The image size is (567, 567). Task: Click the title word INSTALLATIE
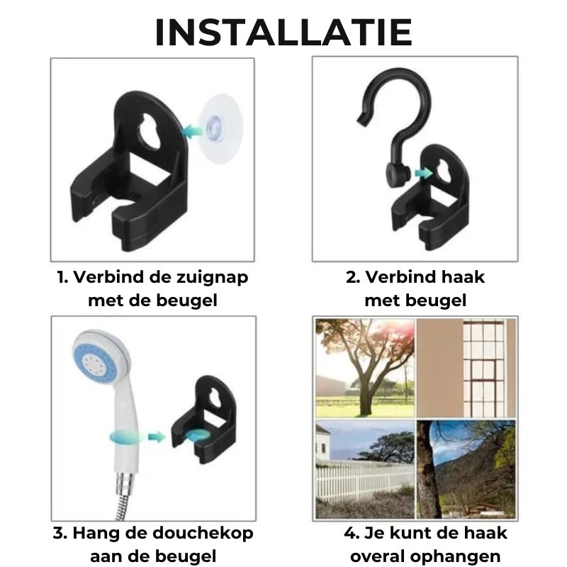click(283, 33)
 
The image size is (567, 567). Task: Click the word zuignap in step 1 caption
click(212, 277)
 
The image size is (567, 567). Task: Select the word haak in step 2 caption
click(461, 277)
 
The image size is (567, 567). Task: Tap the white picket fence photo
click(365, 469)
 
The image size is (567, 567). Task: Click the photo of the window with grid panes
click(466, 367)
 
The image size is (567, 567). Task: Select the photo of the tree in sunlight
click(365, 367)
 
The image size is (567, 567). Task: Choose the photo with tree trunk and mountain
click(466, 469)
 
